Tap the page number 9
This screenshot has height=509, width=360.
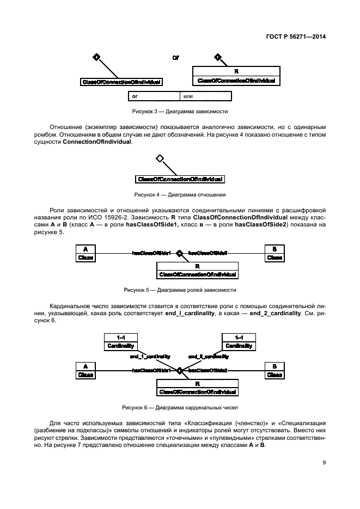tap(324, 463)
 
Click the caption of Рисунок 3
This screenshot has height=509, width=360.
tap(180, 111)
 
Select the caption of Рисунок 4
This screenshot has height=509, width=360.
tap(180, 194)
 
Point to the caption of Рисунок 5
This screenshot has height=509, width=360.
tap(180, 290)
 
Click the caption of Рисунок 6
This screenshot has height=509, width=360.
tap(180, 407)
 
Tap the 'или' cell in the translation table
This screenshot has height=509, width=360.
tap(205, 96)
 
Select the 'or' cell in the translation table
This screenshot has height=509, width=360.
tap(153, 96)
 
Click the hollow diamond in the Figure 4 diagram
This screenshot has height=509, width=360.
tap(160, 158)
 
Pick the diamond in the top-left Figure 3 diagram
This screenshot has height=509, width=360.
tap(96, 57)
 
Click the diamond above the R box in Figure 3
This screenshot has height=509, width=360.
tap(217, 57)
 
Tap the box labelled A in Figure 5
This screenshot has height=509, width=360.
tap(86, 254)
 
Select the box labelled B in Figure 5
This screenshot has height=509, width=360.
tap(274, 254)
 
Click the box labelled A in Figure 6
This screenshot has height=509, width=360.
tap(86, 370)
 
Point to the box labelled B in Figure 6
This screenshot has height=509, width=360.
tap(274, 370)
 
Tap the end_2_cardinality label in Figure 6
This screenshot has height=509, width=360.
tap(209, 357)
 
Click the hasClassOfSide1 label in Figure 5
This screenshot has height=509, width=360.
tap(151, 253)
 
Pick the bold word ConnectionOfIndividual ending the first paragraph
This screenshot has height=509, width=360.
tap(97, 142)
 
